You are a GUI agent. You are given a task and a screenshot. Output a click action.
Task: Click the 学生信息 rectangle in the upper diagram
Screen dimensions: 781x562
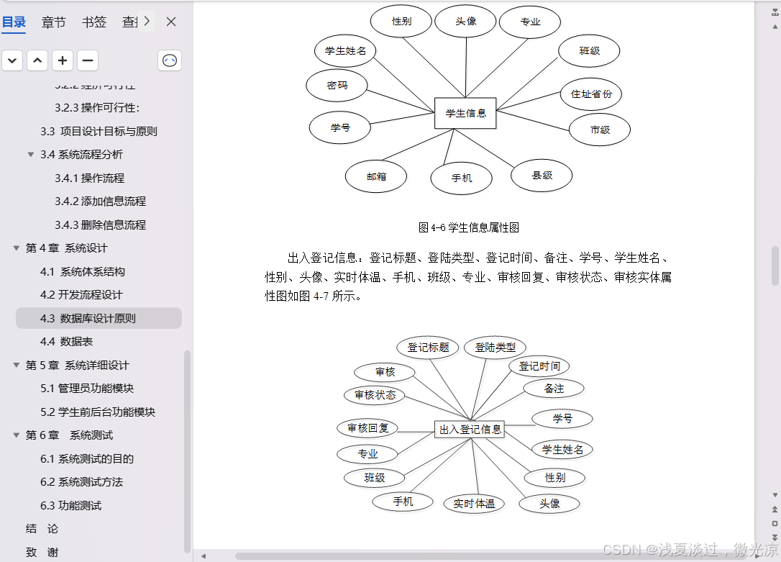[465, 113]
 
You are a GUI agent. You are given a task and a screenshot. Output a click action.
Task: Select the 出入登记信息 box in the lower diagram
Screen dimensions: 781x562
[470, 429]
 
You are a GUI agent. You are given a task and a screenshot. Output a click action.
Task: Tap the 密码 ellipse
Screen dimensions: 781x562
[337, 85]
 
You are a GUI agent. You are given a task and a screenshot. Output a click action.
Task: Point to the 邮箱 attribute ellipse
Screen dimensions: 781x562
[376, 176]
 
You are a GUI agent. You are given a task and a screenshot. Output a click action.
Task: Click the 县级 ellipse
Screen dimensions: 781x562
[542, 175]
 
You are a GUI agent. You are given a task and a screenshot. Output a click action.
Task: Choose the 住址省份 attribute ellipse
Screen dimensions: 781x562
[591, 94]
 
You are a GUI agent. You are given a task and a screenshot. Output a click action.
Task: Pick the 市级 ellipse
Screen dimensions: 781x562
[600, 130]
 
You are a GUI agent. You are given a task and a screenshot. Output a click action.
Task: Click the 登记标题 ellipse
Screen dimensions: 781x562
[428, 348]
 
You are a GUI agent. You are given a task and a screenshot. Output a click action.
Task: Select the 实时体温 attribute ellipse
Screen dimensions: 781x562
[474, 504]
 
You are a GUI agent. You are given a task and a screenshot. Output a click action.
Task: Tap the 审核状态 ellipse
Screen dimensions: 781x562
[375, 395]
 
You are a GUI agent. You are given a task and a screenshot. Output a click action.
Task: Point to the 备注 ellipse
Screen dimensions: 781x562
[554, 389]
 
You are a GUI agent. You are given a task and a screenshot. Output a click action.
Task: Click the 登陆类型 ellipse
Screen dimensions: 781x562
[495, 348]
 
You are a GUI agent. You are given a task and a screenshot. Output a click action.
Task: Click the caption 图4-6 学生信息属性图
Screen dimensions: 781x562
[468, 227]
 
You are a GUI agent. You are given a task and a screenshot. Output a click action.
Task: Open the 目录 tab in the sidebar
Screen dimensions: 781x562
[14, 22]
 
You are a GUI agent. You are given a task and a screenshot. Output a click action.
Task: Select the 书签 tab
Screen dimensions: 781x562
[93, 22]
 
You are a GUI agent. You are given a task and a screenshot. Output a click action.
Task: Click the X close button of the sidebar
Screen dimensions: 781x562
[171, 22]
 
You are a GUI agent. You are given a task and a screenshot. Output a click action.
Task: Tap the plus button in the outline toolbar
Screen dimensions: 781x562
[63, 60]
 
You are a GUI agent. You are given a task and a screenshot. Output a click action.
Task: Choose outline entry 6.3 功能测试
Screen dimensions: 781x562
[70, 505]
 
